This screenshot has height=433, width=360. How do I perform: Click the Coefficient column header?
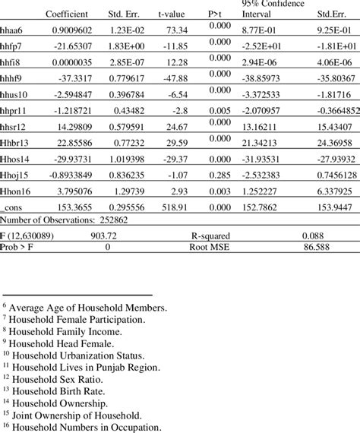pos(67,14)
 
